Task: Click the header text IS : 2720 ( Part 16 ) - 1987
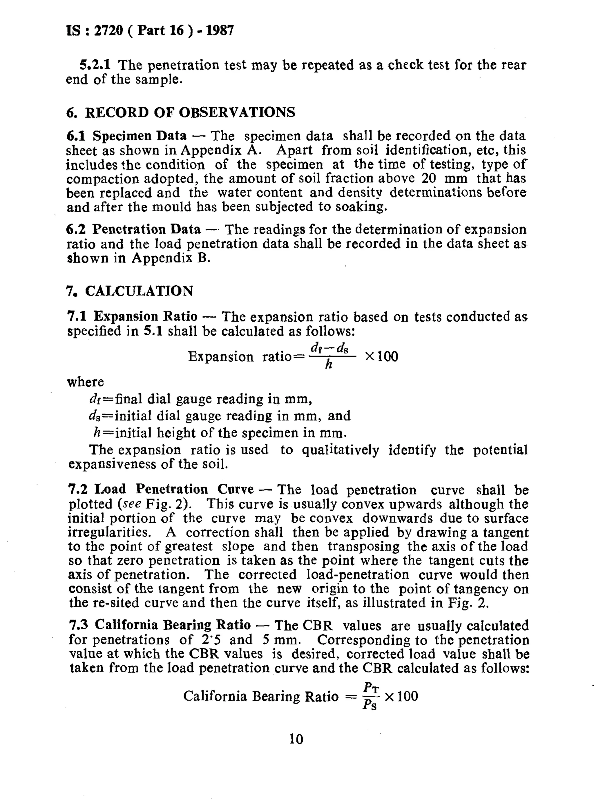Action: [150, 30]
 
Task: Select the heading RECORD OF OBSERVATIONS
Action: [190, 112]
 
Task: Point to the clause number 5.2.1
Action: [95, 65]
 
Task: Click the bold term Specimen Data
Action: [140, 136]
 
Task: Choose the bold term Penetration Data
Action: [146, 229]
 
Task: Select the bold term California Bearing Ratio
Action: [173, 625]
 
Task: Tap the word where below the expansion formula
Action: [85, 382]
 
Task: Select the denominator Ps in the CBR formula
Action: [370, 705]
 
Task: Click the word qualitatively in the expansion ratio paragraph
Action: [340, 450]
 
